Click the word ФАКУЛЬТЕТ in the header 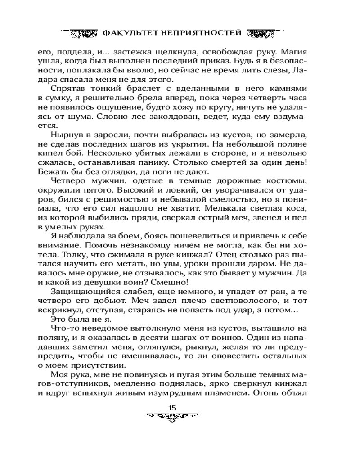point(127,33)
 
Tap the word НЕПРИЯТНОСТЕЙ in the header point(199,33)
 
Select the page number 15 point(172,408)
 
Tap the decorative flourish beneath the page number point(172,417)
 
